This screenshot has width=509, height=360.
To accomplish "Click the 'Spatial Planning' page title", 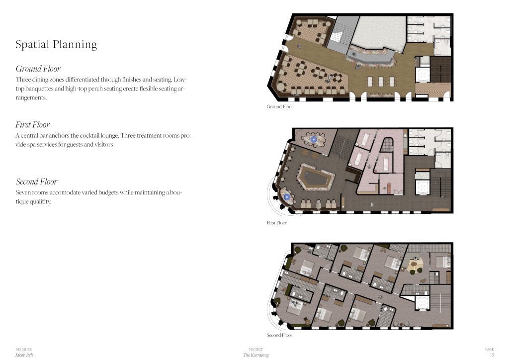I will click(56, 45).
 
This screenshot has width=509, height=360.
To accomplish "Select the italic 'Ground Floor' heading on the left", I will click(38, 69).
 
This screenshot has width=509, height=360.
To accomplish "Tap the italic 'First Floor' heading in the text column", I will click(33, 125).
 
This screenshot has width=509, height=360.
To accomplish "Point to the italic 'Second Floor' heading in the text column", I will click(37, 181).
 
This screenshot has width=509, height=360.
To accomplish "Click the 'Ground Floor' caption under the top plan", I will click(280, 107).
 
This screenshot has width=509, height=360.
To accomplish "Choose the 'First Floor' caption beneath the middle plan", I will click(277, 223).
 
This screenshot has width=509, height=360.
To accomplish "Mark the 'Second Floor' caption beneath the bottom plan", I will click(279, 336).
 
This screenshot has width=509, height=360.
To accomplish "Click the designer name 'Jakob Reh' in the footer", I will click(24, 355).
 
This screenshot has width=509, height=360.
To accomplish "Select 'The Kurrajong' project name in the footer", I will click(254, 355).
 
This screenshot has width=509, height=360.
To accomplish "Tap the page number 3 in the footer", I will click(492, 355).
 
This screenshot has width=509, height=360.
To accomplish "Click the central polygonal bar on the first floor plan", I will click(314, 178).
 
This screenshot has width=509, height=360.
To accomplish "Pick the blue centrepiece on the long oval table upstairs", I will click(314, 140).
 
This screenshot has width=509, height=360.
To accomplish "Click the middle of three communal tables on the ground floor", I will click(380, 81).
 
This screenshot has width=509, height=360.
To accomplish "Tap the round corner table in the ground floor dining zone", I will click(281, 88).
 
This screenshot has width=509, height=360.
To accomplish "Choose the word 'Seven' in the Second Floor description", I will click(24, 192).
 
